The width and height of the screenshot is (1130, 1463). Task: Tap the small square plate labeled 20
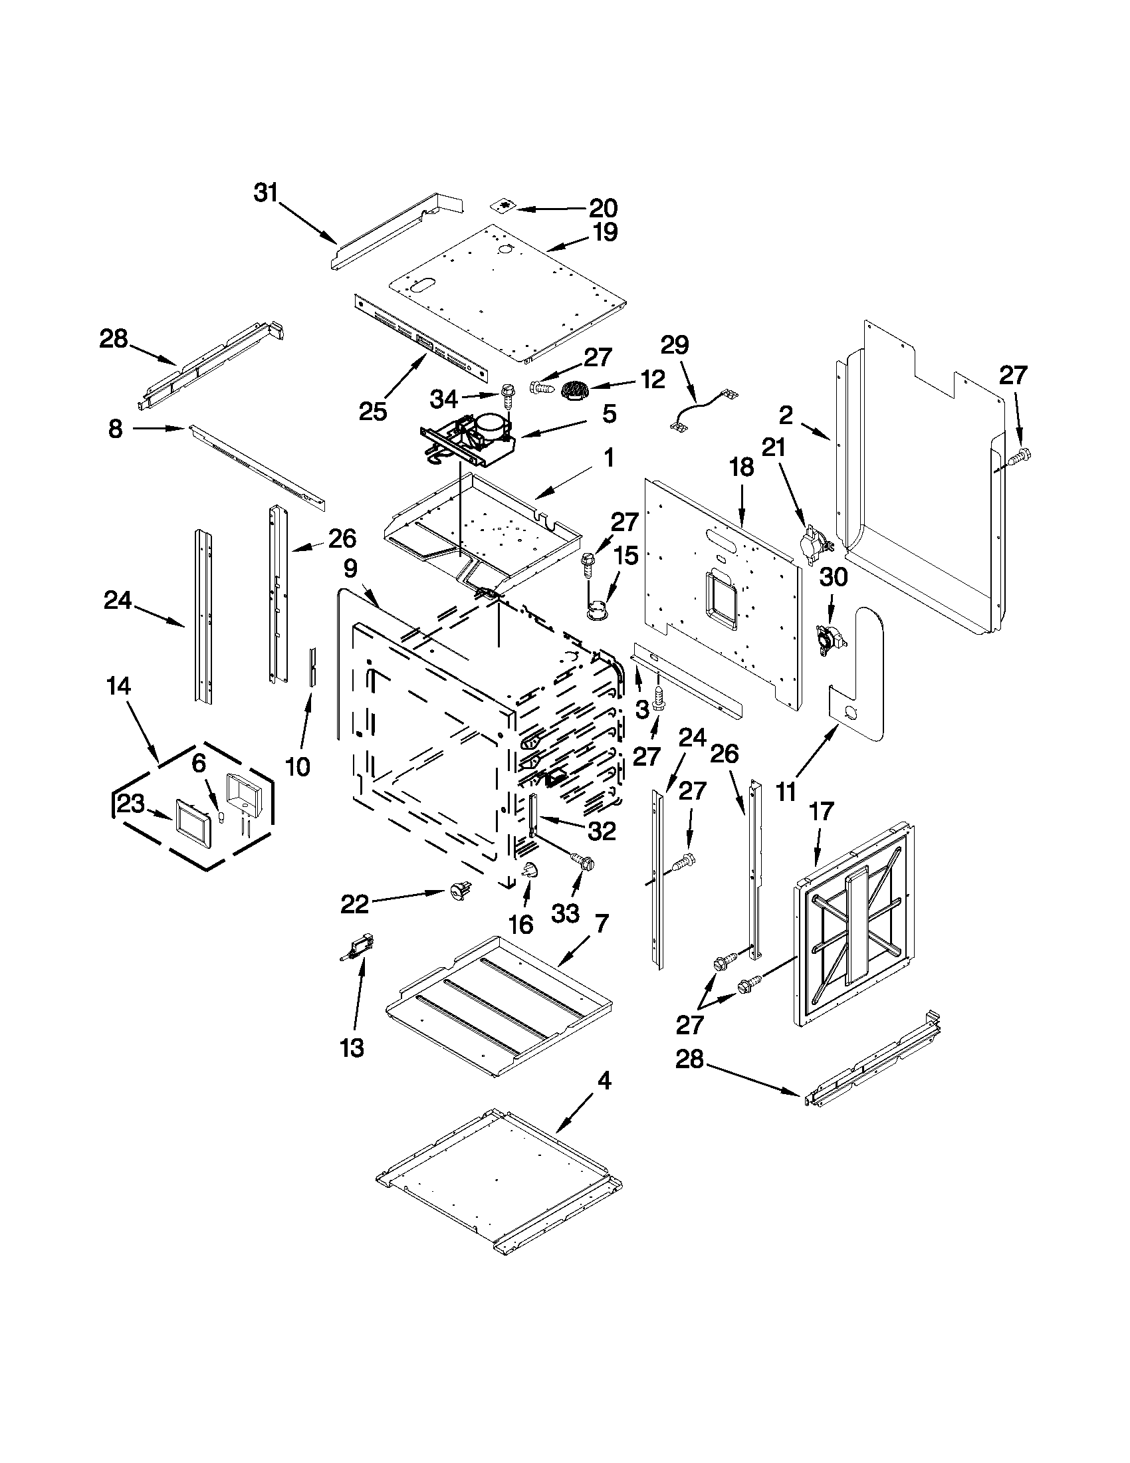pyautogui.click(x=503, y=205)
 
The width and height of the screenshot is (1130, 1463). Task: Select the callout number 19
pyautogui.click(x=605, y=233)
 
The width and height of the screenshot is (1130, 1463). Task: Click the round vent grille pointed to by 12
pyautogui.click(x=574, y=390)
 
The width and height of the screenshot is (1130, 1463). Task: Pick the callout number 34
pyautogui.click(x=443, y=399)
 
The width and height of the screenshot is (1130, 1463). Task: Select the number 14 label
pyautogui.click(x=118, y=686)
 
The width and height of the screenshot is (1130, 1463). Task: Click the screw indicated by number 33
pyautogui.click(x=582, y=863)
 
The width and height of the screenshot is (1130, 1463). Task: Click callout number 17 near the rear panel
pyautogui.click(x=820, y=811)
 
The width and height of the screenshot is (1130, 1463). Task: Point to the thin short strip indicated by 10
pyautogui.click(x=311, y=667)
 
